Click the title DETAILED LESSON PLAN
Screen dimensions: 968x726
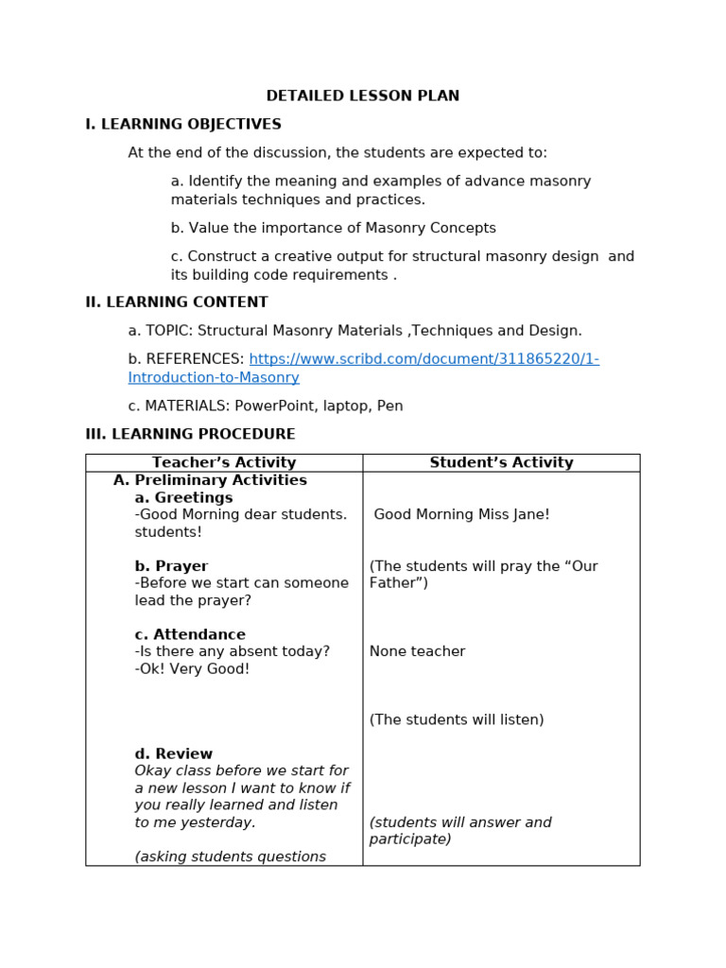point(363,95)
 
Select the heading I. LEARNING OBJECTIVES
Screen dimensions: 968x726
point(183,124)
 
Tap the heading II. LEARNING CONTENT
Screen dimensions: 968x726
point(177,302)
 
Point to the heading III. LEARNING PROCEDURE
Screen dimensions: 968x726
point(190,434)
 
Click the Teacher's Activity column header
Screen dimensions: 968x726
point(224,462)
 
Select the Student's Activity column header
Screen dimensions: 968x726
point(501,462)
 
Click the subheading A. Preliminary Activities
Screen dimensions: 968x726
point(210,480)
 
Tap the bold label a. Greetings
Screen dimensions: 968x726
point(183,497)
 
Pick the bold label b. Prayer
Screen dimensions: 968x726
point(171,566)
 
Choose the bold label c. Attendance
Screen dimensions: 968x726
point(190,634)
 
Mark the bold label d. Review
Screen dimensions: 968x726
point(174,753)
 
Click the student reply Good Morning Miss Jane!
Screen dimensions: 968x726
point(461,514)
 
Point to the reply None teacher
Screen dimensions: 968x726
point(417,651)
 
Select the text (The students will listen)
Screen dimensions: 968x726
point(457,719)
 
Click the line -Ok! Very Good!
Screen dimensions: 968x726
point(193,668)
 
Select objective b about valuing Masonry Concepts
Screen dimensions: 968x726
point(333,228)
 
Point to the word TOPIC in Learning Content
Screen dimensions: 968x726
point(167,331)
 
